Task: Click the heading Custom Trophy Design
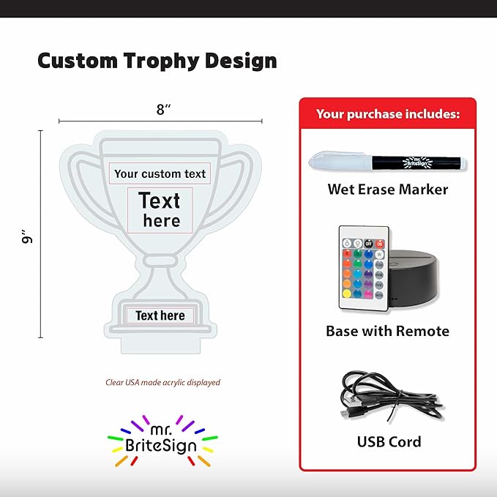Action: click(157, 61)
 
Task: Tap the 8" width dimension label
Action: click(163, 110)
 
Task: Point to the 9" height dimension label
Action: click(27, 236)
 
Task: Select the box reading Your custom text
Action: click(160, 173)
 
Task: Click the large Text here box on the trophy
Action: click(160, 209)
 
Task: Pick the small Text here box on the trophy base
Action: click(160, 315)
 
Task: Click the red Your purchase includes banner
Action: click(387, 113)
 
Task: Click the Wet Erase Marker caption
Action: click(387, 190)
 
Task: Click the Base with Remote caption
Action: click(387, 331)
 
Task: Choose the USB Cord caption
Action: click(389, 441)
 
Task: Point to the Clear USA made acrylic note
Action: click(162, 382)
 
